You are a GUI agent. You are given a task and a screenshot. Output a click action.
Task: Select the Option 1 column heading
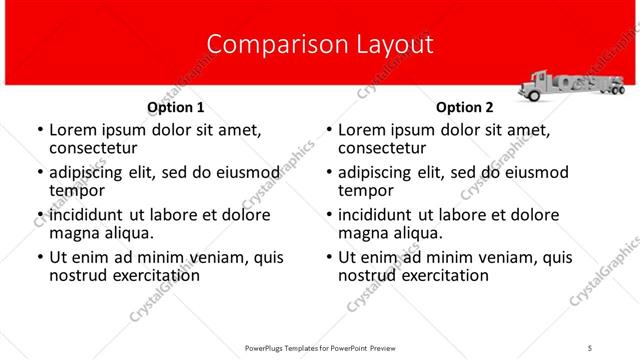pos(176,107)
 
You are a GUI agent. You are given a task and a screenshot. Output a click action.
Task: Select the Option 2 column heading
pos(465,107)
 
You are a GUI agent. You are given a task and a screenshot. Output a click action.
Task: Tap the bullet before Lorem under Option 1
pos(39,131)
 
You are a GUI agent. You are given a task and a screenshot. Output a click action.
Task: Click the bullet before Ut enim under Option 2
pos(328,258)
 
